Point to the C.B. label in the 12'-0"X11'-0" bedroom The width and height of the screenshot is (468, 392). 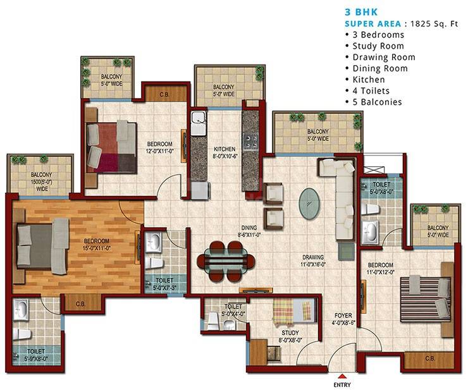163,95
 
